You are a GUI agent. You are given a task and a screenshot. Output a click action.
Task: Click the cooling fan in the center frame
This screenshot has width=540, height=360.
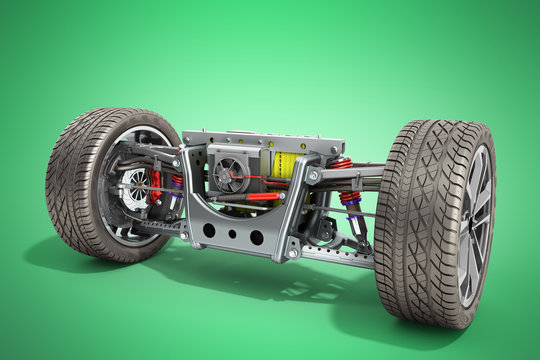pyautogui.click(x=230, y=175)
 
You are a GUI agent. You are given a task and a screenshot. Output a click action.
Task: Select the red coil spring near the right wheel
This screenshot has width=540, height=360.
pyautogui.click(x=349, y=198)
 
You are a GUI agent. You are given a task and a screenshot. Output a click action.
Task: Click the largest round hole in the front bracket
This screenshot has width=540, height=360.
pyautogui.click(x=257, y=238)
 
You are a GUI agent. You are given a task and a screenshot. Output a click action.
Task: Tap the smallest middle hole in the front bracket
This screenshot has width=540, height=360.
pyautogui.click(x=232, y=234)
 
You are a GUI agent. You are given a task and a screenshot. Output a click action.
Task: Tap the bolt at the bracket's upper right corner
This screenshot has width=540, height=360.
pyautogui.click(x=313, y=176)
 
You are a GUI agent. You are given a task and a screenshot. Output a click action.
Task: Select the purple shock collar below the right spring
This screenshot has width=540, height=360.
pyautogui.click(x=353, y=213)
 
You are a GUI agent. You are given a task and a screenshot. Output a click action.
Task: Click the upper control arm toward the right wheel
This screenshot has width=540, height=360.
pyautogui.click(x=350, y=174)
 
